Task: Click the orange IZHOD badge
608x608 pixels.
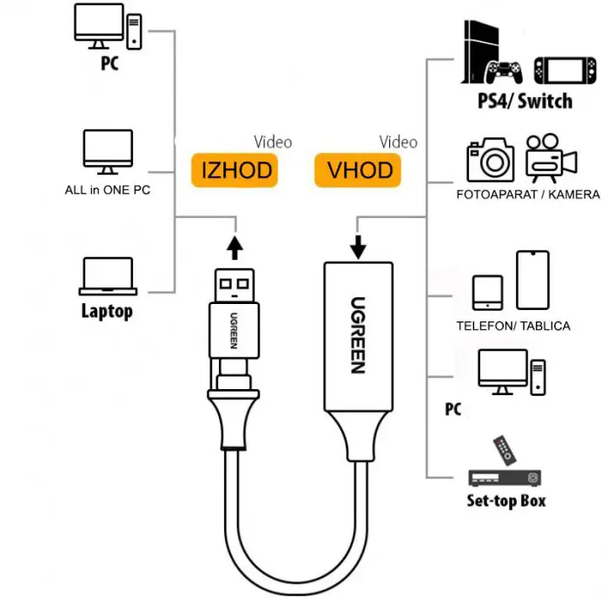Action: click(x=236, y=169)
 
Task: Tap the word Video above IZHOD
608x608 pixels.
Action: click(x=273, y=142)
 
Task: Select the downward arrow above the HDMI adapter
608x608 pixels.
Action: click(x=358, y=246)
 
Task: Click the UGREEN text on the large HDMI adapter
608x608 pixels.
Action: click(x=357, y=335)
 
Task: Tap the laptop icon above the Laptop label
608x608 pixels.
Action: click(x=108, y=276)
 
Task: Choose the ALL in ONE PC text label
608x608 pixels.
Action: click(x=107, y=189)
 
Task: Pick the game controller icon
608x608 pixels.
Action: click(x=504, y=70)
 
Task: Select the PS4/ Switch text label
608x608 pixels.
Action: click(x=525, y=101)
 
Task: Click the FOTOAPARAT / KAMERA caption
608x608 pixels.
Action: click(x=527, y=195)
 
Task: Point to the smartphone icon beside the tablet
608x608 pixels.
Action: click(x=532, y=279)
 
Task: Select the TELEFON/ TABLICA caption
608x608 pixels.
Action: click(x=513, y=326)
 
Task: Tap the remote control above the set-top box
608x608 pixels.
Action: click(x=504, y=450)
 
